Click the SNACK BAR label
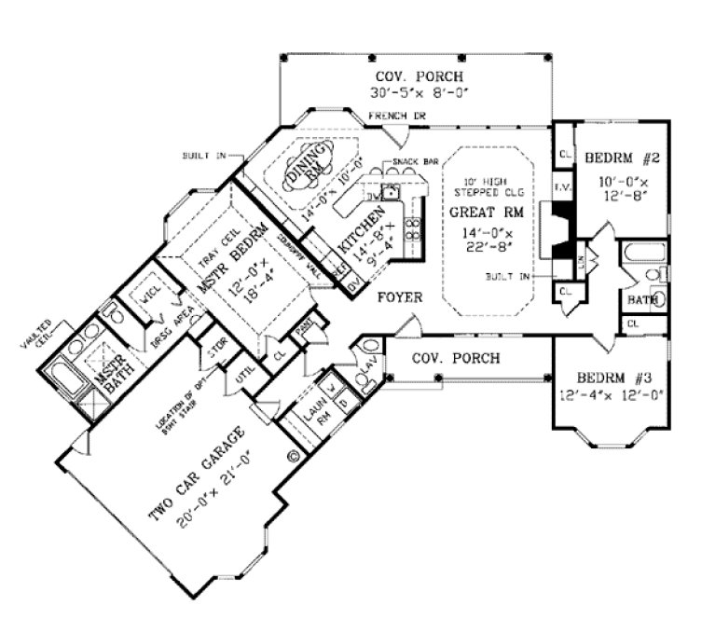coord(407,162)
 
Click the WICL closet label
coord(150,300)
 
